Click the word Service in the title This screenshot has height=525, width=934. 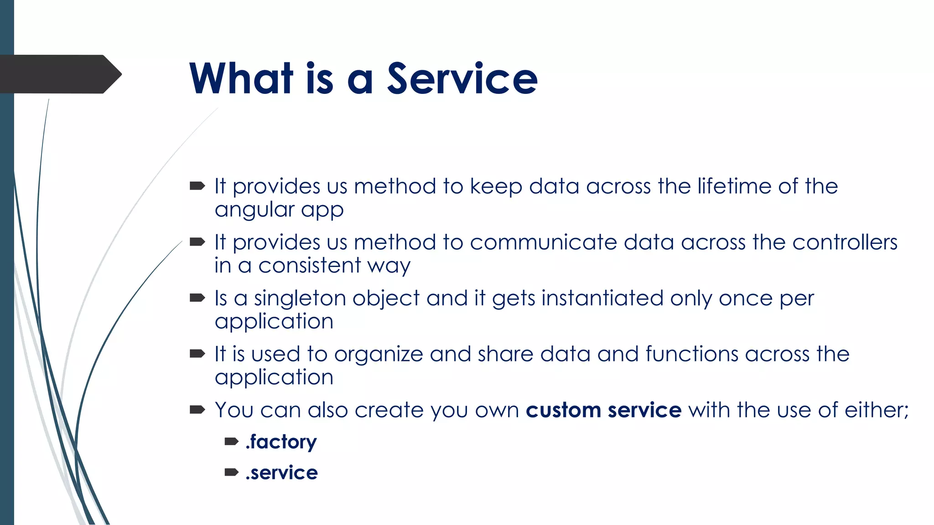tap(462, 79)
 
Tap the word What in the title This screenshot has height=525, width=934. tap(241, 79)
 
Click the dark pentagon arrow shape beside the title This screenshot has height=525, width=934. tap(59, 74)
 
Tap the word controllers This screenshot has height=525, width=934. tap(845, 242)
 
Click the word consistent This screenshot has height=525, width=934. tap(310, 266)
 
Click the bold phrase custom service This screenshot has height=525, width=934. tap(603, 410)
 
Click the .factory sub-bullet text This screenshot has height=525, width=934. tap(281, 442)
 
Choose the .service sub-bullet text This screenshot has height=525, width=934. tap(281, 473)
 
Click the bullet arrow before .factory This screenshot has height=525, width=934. tap(231, 441)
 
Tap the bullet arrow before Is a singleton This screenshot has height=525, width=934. tap(197, 298)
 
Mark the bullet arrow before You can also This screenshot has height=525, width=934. tap(197, 410)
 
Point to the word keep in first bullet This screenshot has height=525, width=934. tap(496, 187)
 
